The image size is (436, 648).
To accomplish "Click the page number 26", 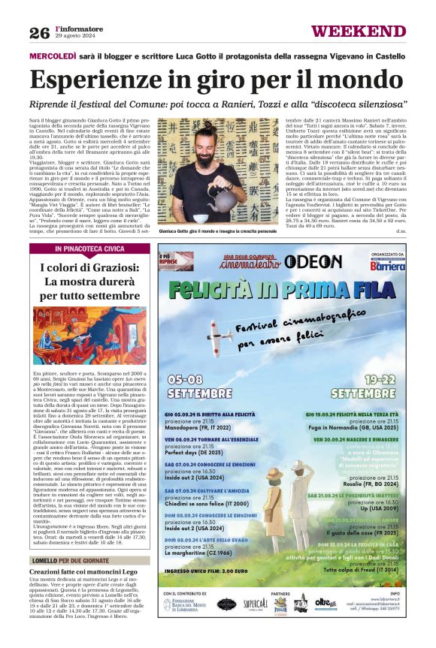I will coord(39,33).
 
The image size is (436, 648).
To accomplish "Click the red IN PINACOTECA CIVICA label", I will coord(89,248).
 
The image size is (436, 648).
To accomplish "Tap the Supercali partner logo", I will coord(255,604).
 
